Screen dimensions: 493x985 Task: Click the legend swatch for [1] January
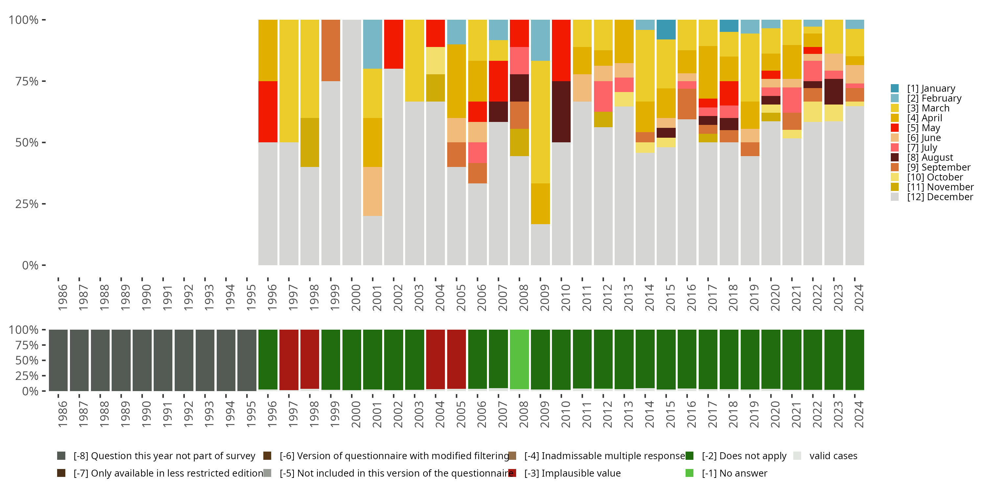[x=895, y=88]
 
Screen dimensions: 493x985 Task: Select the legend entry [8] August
[x=930, y=158]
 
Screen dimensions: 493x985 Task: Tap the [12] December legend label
[x=940, y=197]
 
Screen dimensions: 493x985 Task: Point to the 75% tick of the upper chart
[x=27, y=81]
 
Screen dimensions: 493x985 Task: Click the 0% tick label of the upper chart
[x=30, y=265]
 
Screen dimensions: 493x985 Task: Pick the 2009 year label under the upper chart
[x=544, y=298]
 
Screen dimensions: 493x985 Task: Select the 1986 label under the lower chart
[x=62, y=414]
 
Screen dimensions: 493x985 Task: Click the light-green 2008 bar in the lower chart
[x=519, y=359]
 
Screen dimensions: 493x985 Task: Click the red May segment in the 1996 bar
[x=268, y=112]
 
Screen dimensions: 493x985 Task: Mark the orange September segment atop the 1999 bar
[x=331, y=50]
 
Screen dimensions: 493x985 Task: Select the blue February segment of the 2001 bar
[x=372, y=44]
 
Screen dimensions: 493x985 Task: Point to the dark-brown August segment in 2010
[x=561, y=112]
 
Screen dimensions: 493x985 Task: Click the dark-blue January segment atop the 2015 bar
[x=666, y=30]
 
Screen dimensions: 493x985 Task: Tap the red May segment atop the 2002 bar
[x=393, y=44]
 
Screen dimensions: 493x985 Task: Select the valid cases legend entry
[x=833, y=456]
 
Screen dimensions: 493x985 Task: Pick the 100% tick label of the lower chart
[x=23, y=330]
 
